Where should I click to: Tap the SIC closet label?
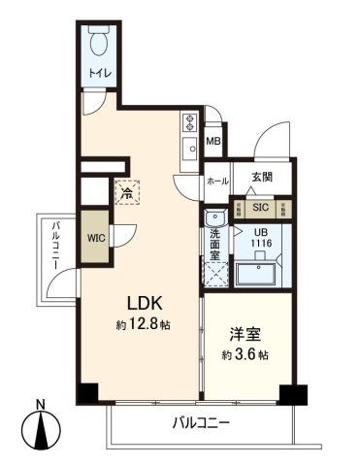259,207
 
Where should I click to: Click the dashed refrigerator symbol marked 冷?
127,192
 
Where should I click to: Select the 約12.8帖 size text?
142,325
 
